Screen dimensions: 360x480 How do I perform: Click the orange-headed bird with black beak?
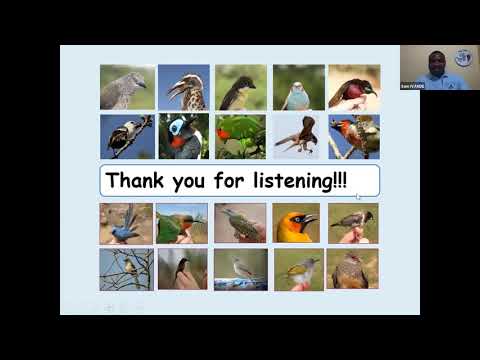[297, 223]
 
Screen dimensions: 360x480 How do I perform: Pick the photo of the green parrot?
[240, 136]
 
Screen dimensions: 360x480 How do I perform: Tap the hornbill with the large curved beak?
[184, 87]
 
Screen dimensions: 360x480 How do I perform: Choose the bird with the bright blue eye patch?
[182, 135]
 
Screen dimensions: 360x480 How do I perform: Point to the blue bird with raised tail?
[126, 224]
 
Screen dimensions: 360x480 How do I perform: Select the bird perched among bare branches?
[126, 268]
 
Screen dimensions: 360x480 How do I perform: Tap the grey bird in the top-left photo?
[126, 87]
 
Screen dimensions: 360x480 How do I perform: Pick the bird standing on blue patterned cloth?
[240, 268]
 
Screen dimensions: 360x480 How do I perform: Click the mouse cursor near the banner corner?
[358, 196]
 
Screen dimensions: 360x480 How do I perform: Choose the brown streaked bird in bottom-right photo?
[352, 269]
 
